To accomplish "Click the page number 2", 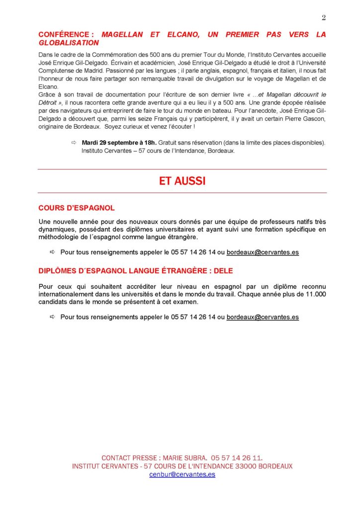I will coord(324,18).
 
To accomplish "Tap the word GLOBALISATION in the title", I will coord(69,43).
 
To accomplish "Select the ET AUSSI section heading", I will coord(182,181).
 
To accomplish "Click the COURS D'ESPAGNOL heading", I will coord(77,208).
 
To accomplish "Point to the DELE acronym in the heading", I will coord(222,271).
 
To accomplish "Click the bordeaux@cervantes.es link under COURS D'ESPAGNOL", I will coord(263,253).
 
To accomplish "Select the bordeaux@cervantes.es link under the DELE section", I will coord(263,317).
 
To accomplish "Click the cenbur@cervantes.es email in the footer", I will coord(182,475).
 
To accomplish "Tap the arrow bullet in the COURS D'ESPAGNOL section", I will coord(53,253).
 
